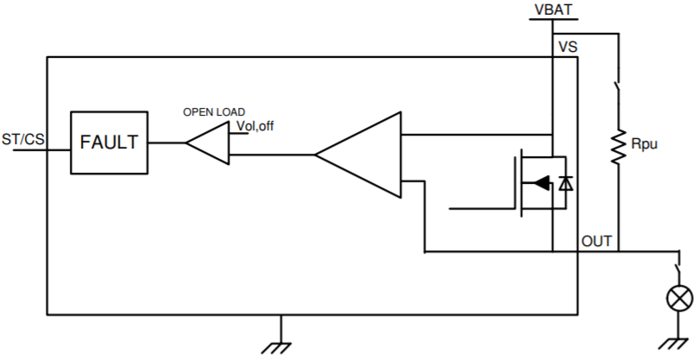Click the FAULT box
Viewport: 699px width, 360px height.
[x=109, y=142]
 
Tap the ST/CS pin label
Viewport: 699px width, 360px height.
[x=23, y=140]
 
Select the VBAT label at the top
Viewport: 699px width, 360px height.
[x=552, y=10]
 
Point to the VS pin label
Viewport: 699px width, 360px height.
[x=568, y=47]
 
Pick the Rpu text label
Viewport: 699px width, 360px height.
[x=645, y=144]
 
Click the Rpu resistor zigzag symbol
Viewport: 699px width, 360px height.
[x=618, y=146]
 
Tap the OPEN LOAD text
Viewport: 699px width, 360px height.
[x=213, y=112]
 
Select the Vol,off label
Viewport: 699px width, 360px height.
[x=255, y=127]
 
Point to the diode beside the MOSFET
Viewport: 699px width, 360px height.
[x=566, y=183]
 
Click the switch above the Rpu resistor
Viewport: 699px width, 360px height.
[x=618, y=92]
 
